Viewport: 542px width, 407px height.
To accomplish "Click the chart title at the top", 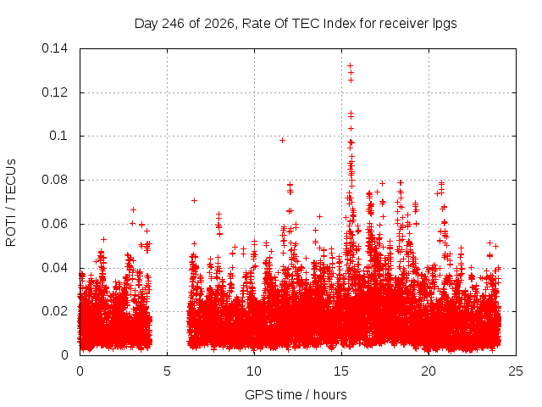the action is click(x=296, y=24).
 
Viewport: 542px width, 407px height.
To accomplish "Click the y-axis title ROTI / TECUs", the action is click(x=11, y=203).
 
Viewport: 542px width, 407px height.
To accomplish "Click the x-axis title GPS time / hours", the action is click(x=296, y=394).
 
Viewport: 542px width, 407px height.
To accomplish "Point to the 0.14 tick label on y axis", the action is click(x=54, y=48).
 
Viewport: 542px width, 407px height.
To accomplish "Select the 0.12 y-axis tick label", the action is click(x=54, y=92).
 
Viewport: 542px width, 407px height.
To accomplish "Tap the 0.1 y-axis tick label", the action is click(x=58, y=136).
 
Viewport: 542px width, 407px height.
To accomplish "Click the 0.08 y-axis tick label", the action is click(x=54, y=180).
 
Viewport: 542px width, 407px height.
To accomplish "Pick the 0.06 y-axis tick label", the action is click(x=54, y=224).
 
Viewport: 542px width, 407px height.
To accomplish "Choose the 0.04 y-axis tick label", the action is click(x=54, y=268).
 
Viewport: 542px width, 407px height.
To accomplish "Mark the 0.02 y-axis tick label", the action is click(x=54, y=311).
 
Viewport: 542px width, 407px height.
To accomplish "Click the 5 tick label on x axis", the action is click(x=167, y=371).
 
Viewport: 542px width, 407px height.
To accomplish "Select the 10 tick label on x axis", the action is click(x=254, y=371).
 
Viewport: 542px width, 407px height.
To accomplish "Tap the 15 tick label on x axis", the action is click(x=341, y=371).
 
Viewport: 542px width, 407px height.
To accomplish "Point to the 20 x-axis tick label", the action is click(x=429, y=371).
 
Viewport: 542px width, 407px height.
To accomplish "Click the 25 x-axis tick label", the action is click(x=516, y=371).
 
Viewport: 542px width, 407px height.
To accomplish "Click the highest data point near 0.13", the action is click(x=350, y=65).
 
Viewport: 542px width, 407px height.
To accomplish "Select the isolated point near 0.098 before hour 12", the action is click(x=282, y=140).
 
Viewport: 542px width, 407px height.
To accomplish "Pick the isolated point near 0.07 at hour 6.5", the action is click(x=194, y=200).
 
